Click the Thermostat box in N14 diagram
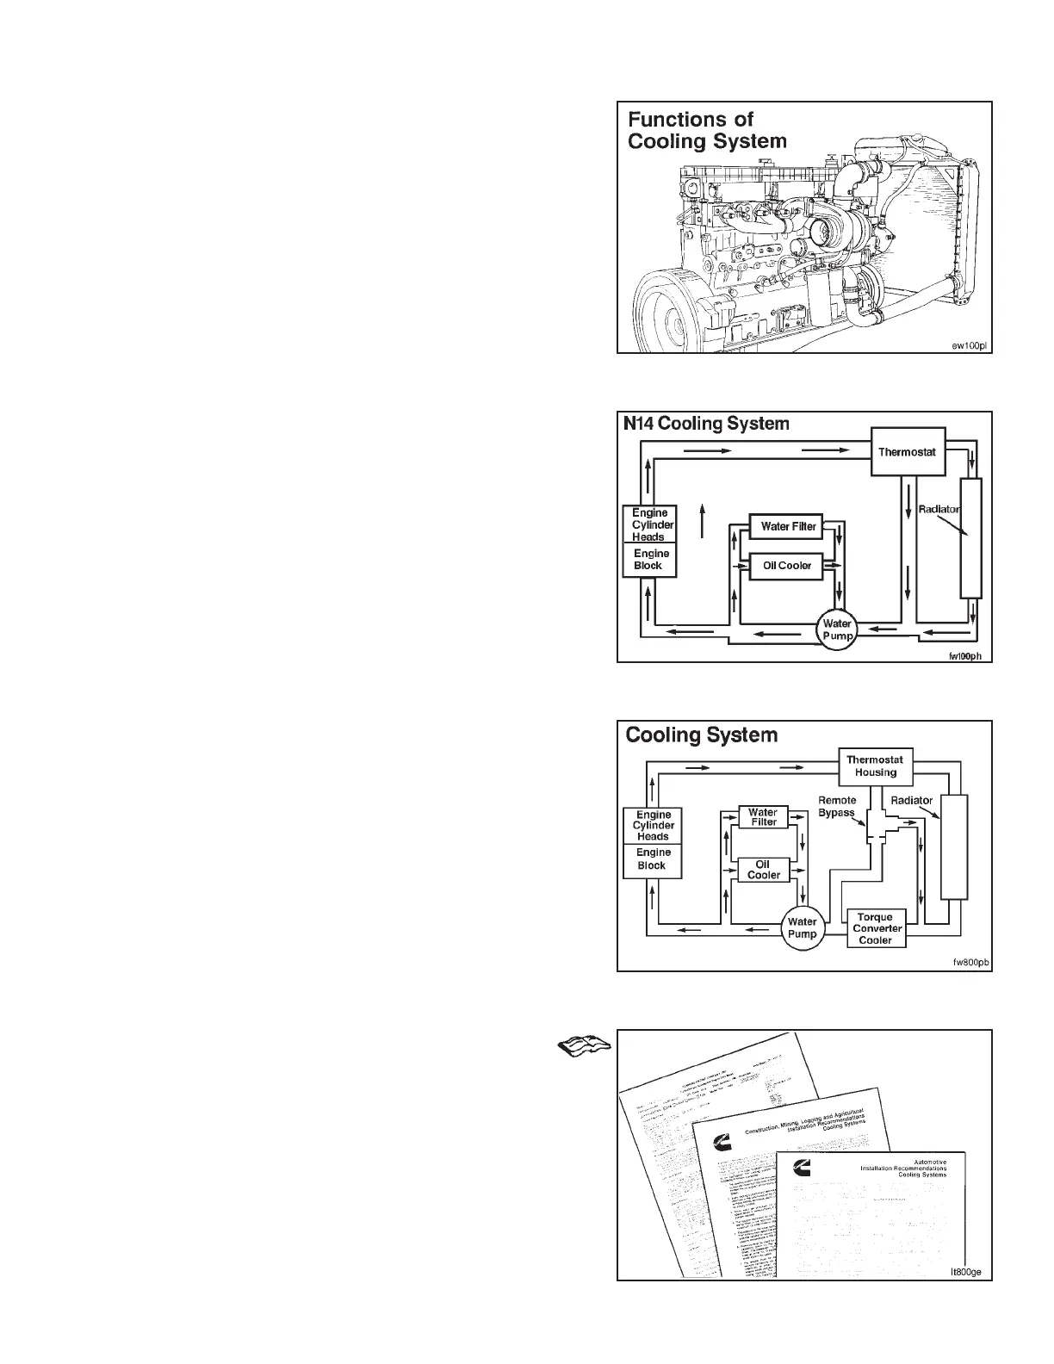tap(908, 452)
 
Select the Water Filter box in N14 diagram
tap(788, 526)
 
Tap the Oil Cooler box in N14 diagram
tap(787, 566)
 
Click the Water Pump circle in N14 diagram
tap(837, 629)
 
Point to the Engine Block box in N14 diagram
tap(649, 560)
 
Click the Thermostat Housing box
tap(876, 766)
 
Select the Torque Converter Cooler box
tap(878, 928)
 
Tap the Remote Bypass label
tap(837, 807)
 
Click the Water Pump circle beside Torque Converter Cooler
tap(803, 928)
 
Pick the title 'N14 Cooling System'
tap(706, 424)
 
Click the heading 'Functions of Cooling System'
tap(706, 130)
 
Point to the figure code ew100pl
tap(968, 345)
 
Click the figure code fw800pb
tap(968, 963)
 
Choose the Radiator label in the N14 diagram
tap(938, 510)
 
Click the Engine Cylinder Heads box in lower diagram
tap(653, 825)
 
